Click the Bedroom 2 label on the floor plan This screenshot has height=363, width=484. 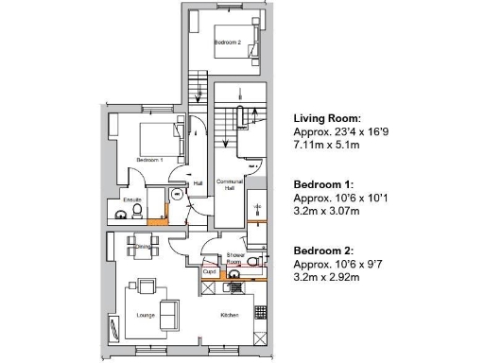click(x=228, y=42)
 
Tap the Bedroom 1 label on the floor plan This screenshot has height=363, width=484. click(x=149, y=161)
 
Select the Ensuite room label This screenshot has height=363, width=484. click(x=131, y=199)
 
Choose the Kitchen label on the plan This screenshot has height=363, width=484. click(x=230, y=315)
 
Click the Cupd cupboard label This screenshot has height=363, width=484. click(x=210, y=272)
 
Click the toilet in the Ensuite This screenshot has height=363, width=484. click(x=121, y=216)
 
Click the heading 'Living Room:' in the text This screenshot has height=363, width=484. click(x=327, y=118)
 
